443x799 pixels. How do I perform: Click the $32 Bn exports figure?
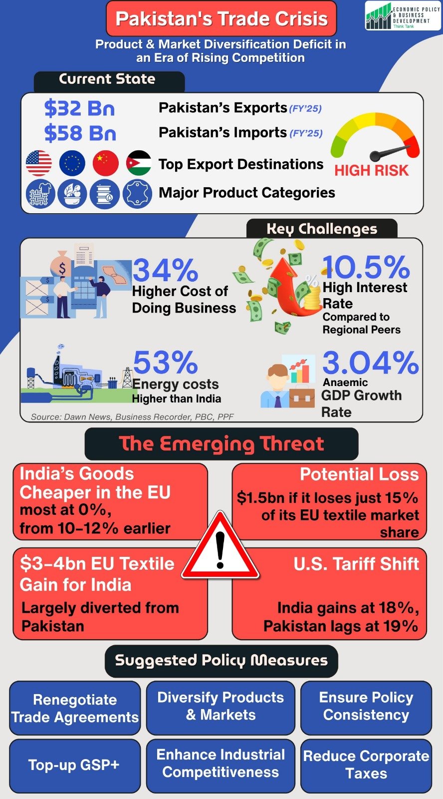click(79, 108)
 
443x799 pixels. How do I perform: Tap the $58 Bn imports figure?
click(80, 133)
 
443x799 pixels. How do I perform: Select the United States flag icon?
click(38, 163)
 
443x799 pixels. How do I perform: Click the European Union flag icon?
click(72, 163)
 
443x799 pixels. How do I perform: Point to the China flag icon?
click(106, 163)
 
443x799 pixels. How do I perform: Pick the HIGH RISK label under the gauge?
click(371, 171)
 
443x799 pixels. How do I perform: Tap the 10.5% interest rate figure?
click(366, 267)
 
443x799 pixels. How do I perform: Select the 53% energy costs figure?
click(165, 363)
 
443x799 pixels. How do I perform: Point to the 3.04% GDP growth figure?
click(370, 363)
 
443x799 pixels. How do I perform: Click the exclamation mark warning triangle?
click(220, 549)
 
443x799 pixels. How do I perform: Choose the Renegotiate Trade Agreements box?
click(75, 709)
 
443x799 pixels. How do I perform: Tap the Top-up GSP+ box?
click(74, 765)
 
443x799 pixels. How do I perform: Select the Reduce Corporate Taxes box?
click(366, 765)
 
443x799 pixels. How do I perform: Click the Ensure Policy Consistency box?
click(366, 707)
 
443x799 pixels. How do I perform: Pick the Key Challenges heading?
click(322, 229)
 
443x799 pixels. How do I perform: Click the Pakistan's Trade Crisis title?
click(221, 19)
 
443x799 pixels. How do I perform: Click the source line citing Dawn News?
click(132, 417)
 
